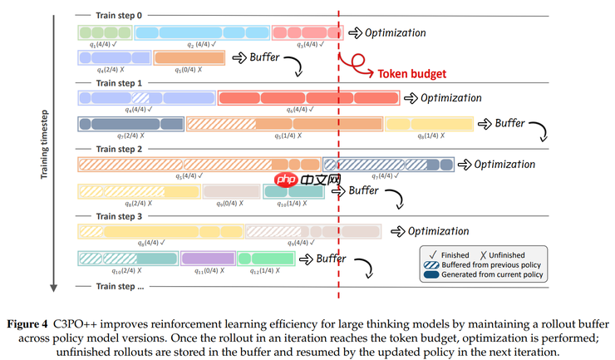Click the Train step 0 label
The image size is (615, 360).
120,15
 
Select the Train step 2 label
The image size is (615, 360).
120,149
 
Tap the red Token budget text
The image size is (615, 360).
412,73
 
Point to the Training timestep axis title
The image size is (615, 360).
46,146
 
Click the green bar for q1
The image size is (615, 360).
105,32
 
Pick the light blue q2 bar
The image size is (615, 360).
202,32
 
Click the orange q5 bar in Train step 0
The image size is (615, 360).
189,57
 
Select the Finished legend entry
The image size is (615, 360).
452,254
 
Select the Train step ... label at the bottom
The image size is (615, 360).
120,286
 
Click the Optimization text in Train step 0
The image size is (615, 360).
395,33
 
